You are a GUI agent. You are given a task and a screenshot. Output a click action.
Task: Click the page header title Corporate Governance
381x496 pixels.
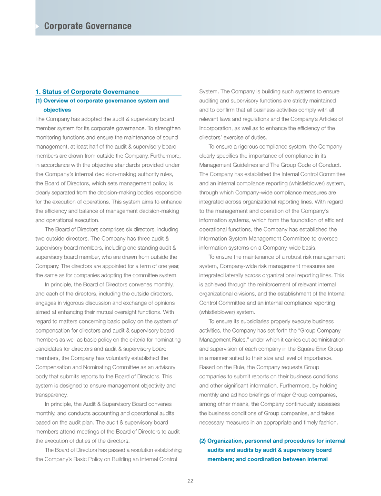[x=88, y=26]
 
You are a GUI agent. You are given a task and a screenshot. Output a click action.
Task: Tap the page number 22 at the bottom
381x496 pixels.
[x=190, y=481]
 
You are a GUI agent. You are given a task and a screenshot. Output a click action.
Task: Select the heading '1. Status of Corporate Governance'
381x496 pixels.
[x=87, y=91]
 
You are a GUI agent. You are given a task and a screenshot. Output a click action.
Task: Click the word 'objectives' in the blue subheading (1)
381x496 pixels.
[x=57, y=110]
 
